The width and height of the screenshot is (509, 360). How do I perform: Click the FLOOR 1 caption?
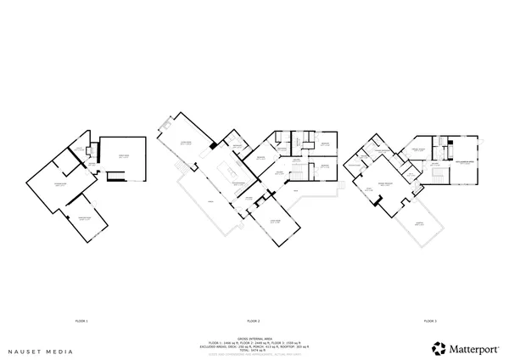pos(82,321)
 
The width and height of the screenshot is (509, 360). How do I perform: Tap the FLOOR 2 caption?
pos(253,321)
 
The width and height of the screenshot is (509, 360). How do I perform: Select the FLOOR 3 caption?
pos(430,321)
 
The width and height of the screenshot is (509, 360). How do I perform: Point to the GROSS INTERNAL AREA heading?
pos(253,334)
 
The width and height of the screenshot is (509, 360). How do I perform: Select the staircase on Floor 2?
pos(298,175)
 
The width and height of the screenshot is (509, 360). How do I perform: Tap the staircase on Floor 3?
pos(438,176)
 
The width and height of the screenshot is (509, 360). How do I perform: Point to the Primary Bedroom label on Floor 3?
pos(386,183)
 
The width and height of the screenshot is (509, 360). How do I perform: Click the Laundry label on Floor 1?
pos(78,149)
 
